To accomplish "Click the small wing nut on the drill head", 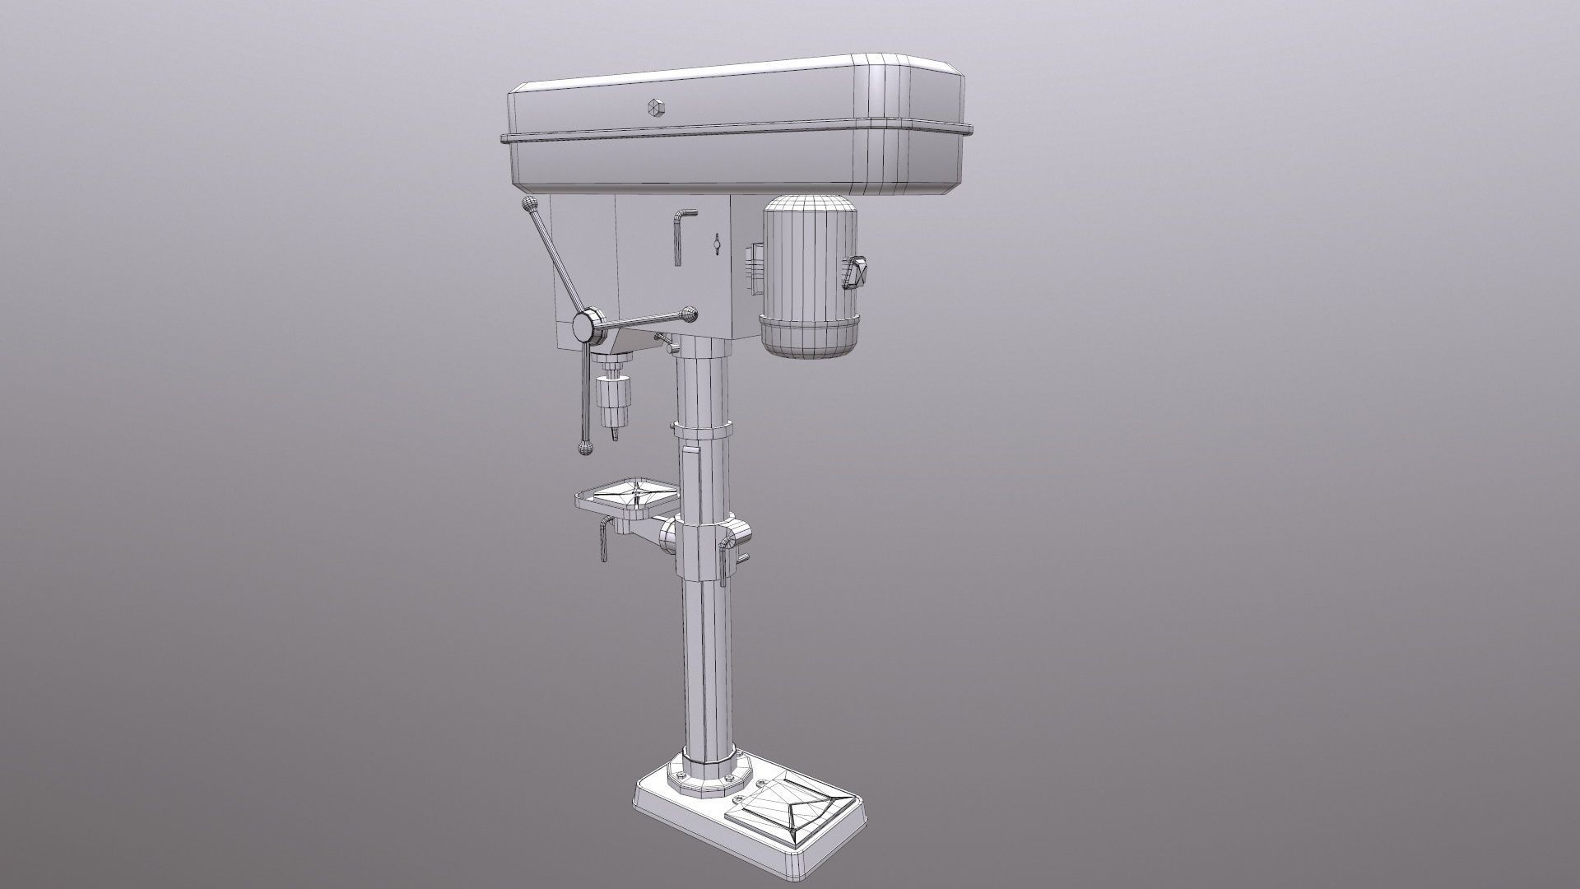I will [717, 244].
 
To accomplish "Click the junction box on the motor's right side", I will [857, 273].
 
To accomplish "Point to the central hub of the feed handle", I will [586, 326].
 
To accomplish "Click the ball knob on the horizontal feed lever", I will [689, 313].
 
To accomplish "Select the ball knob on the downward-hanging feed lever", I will [585, 448].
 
